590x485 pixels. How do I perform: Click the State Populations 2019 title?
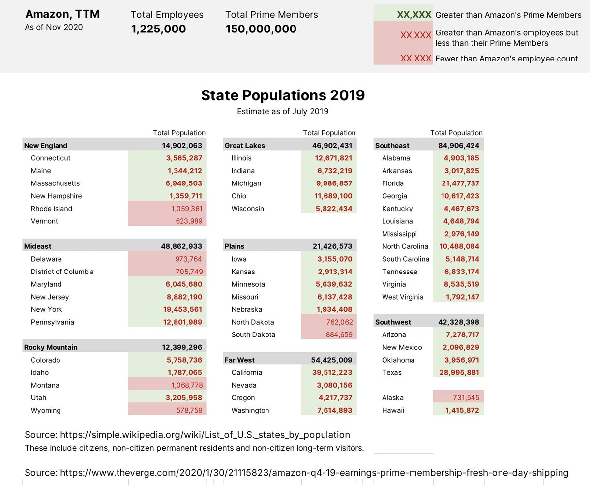pyautogui.click(x=283, y=95)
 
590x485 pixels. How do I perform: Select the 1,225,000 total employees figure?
pyautogui.click(x=158, y=29)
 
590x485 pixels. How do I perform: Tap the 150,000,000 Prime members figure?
pyautogui.click(x=261, y=29)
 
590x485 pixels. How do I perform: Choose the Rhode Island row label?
pyautogui.click(x=51, y=209)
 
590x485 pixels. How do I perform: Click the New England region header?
pyautogui.click(x=46, y=146)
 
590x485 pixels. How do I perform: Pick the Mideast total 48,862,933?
pyautogui.click(x=182, y=246)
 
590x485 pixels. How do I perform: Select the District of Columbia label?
pyautogui.click(x=62, y=272)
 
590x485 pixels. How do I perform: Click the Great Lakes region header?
pyautogui.click(x=245, y=146)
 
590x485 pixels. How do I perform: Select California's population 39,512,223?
pyautogui.click(x=332, y=372)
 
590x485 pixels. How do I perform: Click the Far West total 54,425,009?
pyautogui.click(x=331, y=360)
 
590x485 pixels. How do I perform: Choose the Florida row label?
pyautogui.click(x=393, y=183)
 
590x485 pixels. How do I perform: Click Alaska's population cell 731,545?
pyautogui.click(x=462, y=397)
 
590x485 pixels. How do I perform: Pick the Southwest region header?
pyautogui.click(x=393, y=322)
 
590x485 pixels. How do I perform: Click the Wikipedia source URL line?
pyautogui.click(x=187, y=435)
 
